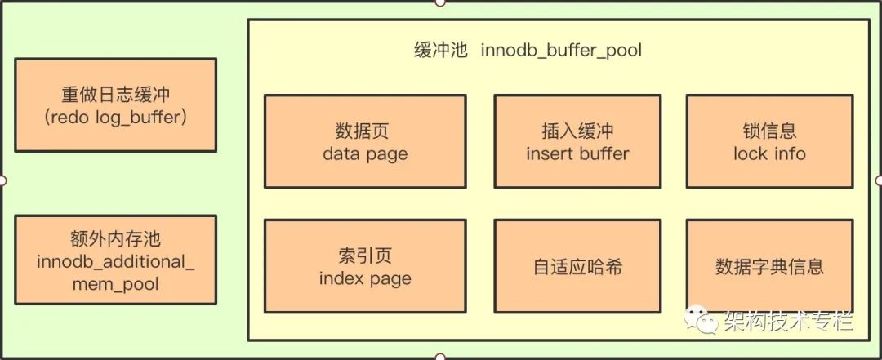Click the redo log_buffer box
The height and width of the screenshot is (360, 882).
click(115, 105)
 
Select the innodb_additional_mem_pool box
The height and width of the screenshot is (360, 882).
click(115, 260)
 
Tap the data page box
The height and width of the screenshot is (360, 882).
click(365, 141)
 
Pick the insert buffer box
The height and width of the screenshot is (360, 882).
click(577, 141)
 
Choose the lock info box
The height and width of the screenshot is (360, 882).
click(769, 141)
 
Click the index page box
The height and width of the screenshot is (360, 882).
click(365, 266)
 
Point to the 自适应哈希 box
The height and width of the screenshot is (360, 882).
click(577, 266)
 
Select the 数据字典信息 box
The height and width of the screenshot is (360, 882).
click(769, 266)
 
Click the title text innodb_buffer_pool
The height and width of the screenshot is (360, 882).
click(561, 51)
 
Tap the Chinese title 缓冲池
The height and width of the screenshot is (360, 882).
click(440, 51)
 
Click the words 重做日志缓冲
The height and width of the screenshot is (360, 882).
click(115, 94)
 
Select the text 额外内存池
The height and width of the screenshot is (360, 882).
click(115, 238)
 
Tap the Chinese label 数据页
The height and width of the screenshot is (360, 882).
click(363, 131)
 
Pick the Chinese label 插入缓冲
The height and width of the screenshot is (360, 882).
click(577, 131)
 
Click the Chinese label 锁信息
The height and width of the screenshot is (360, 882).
click(769, 131)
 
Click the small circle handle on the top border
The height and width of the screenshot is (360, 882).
click(440, 2)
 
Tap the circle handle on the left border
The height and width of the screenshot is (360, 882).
click(2, 180)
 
